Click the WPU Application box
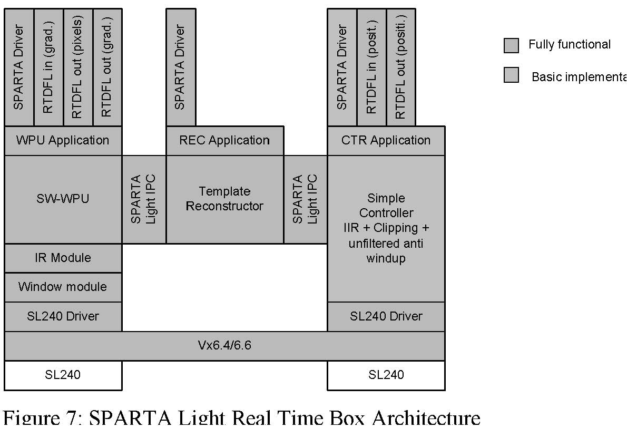(63, 140)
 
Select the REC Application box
(225, 140)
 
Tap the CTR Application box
(386, 140)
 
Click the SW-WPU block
(63, 199)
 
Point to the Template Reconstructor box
(225, 199)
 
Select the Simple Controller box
(386, 228)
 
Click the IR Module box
(63, 258)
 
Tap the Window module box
(63, 287)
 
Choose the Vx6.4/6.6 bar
(224, 346)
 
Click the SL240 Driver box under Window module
(63, 316)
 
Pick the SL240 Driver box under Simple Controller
(386, 316)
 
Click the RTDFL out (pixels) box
(78, 67)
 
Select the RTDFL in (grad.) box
(48, 67)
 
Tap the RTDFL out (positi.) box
(400, 67)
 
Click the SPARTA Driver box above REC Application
(181, 67)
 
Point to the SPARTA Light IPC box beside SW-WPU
(144, 199)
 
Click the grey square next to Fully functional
(511, 45)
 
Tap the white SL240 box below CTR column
(386, 375)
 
